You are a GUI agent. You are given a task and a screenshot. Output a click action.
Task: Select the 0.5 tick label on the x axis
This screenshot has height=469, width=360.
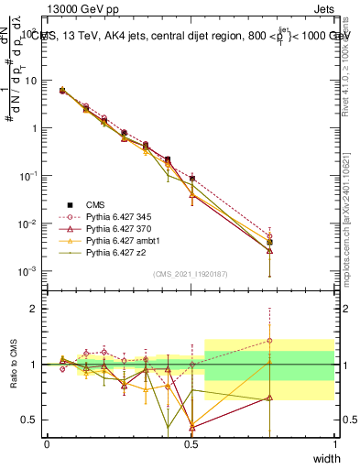191,444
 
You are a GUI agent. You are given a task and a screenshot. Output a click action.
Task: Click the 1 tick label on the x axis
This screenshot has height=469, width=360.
334,444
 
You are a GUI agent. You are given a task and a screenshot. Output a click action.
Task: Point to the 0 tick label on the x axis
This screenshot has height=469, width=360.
47,444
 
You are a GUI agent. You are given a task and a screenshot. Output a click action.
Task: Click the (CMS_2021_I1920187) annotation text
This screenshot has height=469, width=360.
191,273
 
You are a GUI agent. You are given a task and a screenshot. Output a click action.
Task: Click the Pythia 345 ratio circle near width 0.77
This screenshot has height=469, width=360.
269,341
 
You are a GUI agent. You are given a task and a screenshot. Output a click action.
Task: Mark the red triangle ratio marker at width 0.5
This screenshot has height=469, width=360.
191,425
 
